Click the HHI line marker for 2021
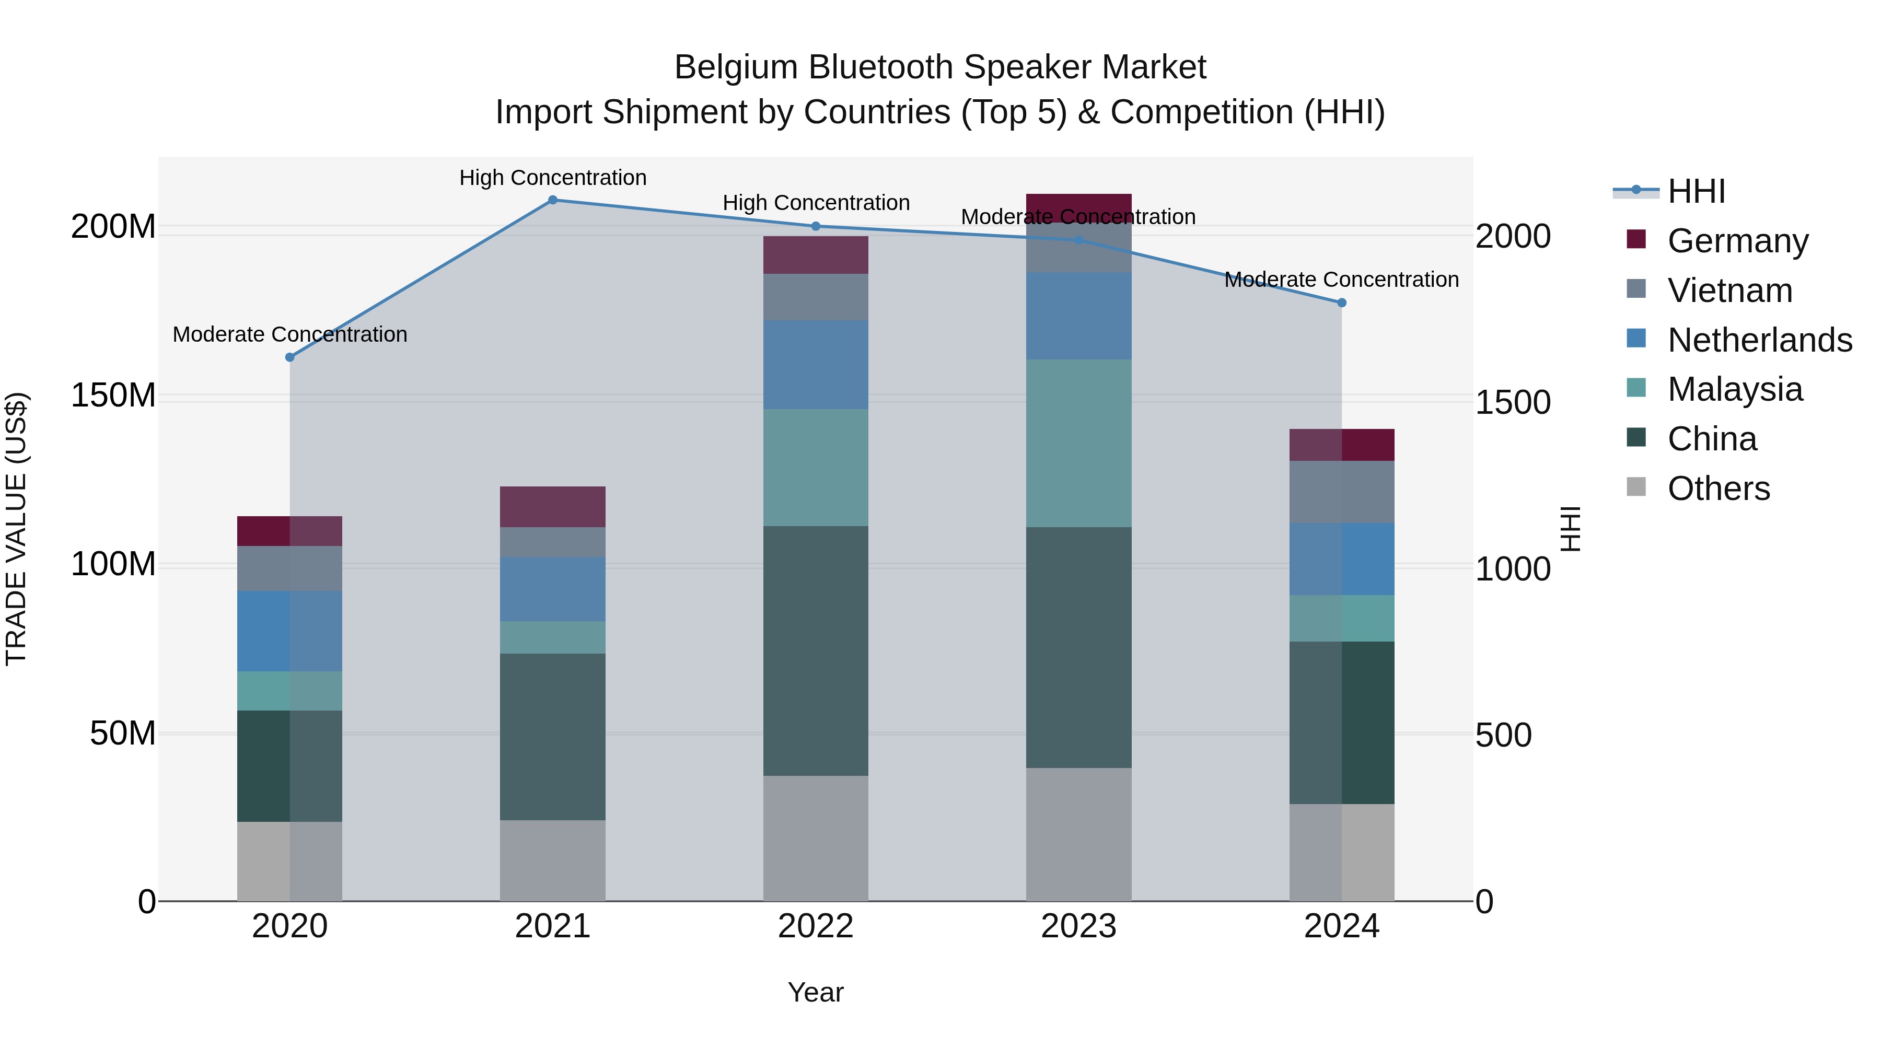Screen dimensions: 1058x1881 553,200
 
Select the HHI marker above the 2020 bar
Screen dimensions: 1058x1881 290,357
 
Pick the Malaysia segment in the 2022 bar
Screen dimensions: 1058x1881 816,467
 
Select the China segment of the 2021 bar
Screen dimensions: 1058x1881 553,736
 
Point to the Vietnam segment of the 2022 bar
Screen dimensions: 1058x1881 816,297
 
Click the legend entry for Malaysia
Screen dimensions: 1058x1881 1735,389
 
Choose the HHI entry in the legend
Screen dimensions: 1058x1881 1696,191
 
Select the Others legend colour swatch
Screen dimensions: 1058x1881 1636,487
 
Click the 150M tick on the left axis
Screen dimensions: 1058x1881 113,396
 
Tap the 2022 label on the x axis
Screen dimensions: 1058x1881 816,926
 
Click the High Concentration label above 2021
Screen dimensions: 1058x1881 553,178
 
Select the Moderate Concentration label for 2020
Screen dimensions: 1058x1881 290,334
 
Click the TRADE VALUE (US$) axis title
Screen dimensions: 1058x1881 16,529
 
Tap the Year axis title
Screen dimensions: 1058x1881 816,992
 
